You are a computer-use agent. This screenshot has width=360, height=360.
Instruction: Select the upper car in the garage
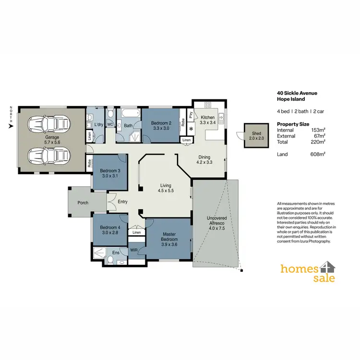coord(49,125)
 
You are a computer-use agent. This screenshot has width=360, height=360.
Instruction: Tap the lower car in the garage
coord(49,156)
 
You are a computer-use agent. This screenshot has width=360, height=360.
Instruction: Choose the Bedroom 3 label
coord(109,173)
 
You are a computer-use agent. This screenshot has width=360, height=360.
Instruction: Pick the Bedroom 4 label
coord(109,229)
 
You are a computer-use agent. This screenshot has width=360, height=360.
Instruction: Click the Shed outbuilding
coord(252,135)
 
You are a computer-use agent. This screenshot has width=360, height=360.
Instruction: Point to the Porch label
coord(83,203)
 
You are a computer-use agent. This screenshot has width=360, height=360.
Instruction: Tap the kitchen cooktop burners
coord(208,105)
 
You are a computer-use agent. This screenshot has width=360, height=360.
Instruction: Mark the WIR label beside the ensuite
coord(134,250)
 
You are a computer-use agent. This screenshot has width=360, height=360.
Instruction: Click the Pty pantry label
coord(191,115)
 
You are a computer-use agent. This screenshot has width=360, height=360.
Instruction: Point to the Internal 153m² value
coord(318,130)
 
